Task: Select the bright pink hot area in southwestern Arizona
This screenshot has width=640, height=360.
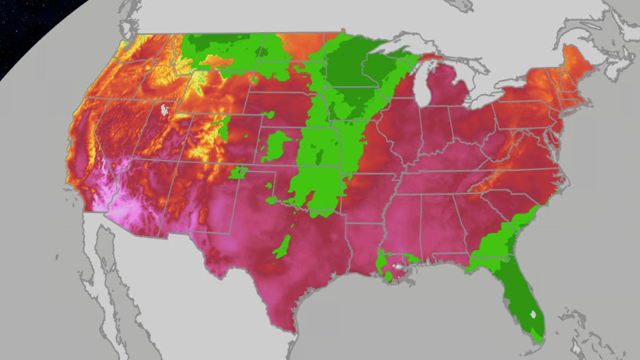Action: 120,208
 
